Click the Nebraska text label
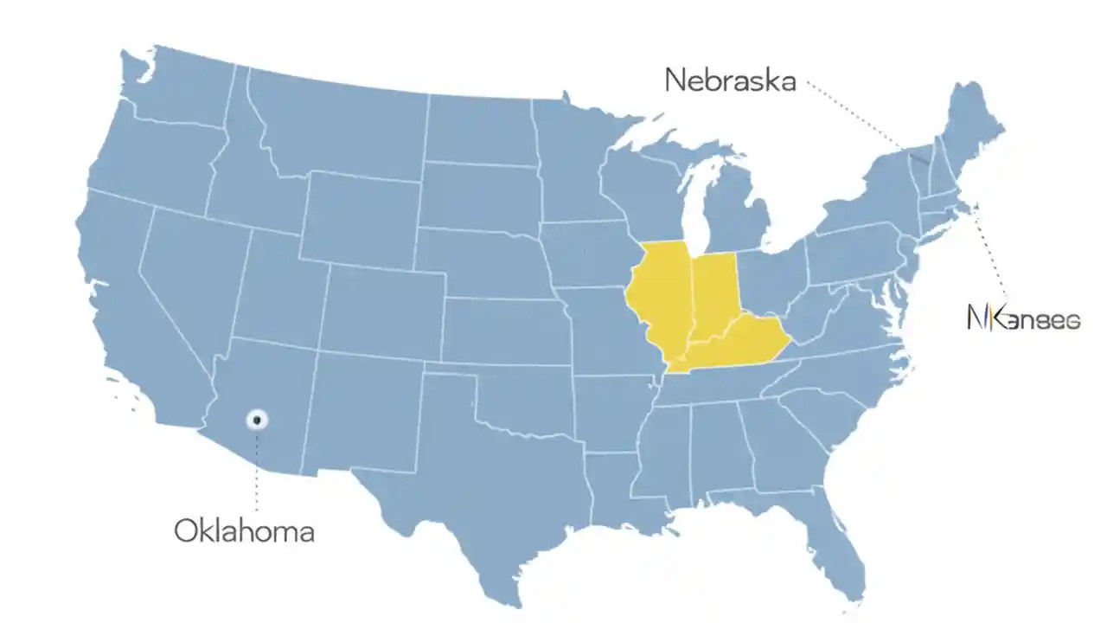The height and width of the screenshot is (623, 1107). click(730, 80)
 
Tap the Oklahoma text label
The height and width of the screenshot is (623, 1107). click(244, 530)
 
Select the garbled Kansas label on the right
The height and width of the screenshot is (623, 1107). click(1023, 318)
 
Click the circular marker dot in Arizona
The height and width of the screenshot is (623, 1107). click(257, 420)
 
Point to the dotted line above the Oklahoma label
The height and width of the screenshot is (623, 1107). click(257, 472)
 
